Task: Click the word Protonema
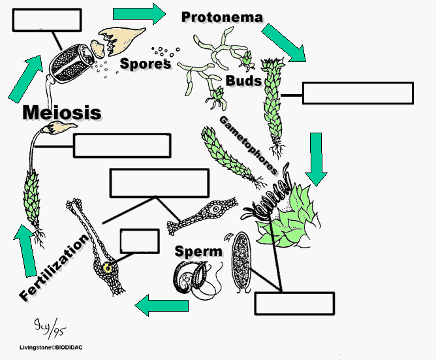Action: (x=222, y=17)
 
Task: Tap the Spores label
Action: (x=146, y=64)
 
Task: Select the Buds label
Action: (x=244, y=81)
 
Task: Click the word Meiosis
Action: (x=62, y=112)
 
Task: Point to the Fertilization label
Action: (x=54, y=268)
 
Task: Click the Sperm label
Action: (x=198, y=252)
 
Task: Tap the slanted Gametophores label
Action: (x=248, y=145)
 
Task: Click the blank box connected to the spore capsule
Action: (x=47, y=20)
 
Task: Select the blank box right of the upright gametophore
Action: (x=358, y=93)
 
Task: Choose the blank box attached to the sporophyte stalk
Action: (x=122, y=146)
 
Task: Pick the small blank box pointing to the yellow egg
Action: (x=140, y=241)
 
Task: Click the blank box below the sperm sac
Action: (x=294, y=303)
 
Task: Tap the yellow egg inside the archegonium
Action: (x=107, y=268)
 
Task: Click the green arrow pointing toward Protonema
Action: (x=140, y=14)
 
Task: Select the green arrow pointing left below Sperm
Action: (x=162, y=305)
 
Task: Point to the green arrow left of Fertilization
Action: (x=26, y=251)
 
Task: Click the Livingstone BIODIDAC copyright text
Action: (x=51, y=347)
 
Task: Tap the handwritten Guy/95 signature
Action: (x=50, y=329)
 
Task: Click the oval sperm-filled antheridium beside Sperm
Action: (x=241, y=262)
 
